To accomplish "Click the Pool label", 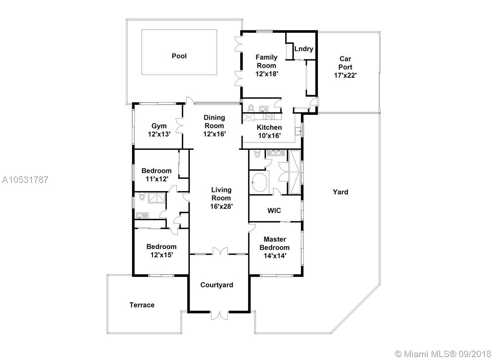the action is [x=179, y=56].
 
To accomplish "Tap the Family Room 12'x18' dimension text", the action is [x=266, y=74].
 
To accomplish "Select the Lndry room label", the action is [x=303, y=49].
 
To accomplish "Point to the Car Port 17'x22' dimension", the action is [x=345, y=75].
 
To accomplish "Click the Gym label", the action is [x=159, y=126].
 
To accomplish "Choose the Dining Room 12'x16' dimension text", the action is [x=214, y=134].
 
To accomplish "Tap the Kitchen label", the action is [x=269, y=127].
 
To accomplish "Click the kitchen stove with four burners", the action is [x=269, y=117].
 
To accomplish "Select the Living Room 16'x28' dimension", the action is [x=221, y=206].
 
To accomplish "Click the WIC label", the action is [x=274, y=210].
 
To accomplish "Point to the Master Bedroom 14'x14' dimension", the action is [x=275, y=256].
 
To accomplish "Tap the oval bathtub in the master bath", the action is [x=260, y=182].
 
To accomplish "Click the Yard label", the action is [x=340, y=192].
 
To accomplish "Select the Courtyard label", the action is [x=217, y=285].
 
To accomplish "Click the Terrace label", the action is [x=142, y=305].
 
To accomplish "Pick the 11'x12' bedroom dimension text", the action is [x=157, y=179].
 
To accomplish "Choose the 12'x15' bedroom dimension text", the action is [x=162, y=255].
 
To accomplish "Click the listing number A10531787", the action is [x=25, y=180].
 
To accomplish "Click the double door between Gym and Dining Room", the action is [x=179, y=126].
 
